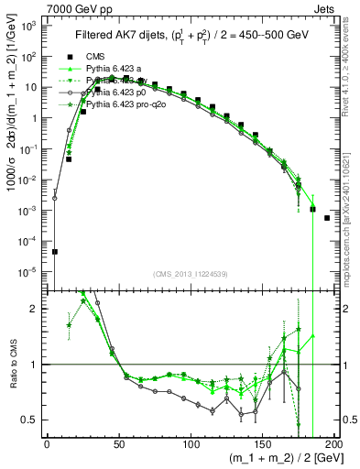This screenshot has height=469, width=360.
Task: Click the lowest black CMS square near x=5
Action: pyautogui.click(x=54, y=252)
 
